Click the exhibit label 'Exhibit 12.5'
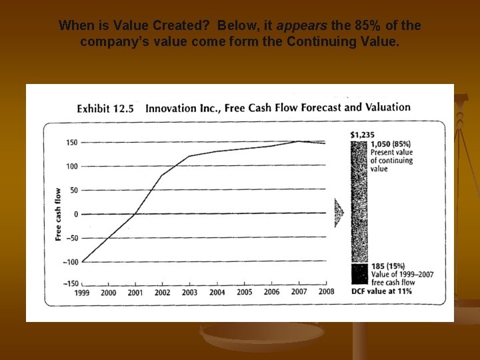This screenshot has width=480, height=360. [105, 109]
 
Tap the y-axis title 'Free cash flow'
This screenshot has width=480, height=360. [58, 213]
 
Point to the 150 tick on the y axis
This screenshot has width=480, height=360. [71, 143]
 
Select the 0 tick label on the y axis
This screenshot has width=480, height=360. [76, 214]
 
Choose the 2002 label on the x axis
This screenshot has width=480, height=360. [162, 293]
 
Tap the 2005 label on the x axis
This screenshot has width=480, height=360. [244, 292]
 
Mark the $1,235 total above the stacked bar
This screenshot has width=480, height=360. [362, 135]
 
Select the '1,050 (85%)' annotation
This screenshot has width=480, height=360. [391, 144]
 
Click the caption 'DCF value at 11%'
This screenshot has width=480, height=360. [381, 291]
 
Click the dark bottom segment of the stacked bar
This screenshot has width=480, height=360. [359, 275]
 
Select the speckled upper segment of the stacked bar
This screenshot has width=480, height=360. [359, 200]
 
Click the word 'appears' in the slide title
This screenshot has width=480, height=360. [301, 26]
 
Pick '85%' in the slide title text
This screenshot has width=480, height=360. [367, 26]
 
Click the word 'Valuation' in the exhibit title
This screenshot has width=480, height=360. [387, 107]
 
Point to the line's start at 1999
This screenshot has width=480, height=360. [83, 261]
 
